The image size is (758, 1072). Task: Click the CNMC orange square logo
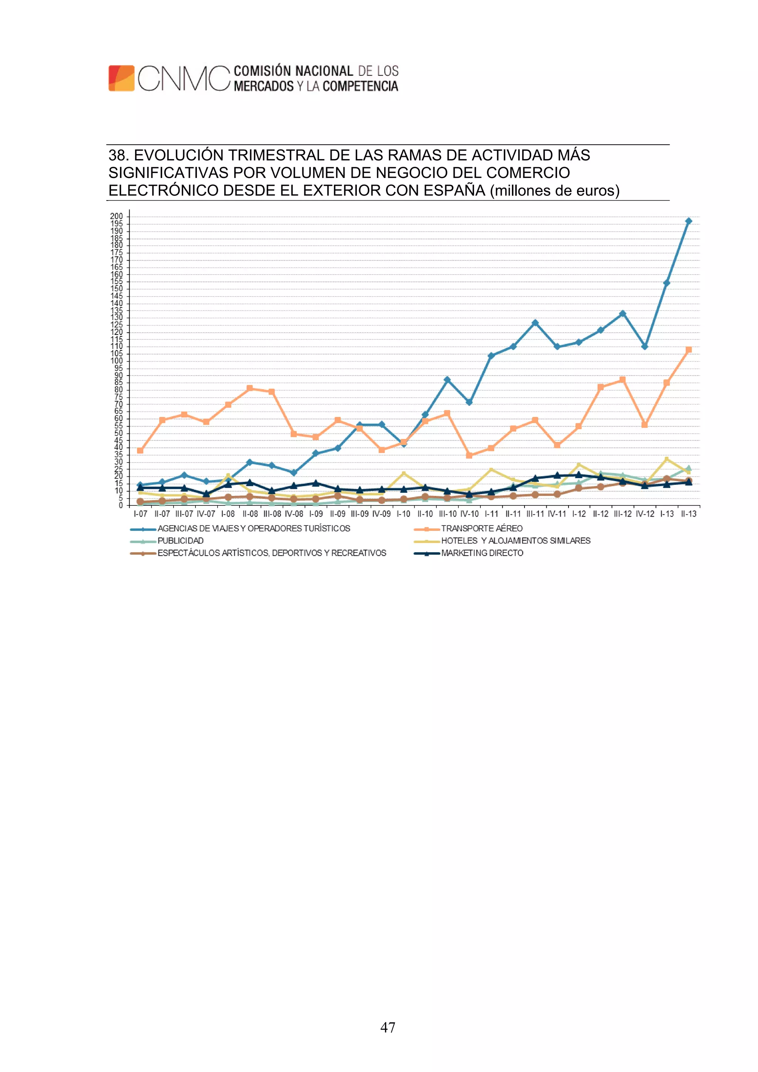tap(121, 78)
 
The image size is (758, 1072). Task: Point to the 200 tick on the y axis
tap(116, 216)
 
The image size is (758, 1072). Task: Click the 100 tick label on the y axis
tap(116, 361)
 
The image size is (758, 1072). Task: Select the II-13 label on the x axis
tap(688, 514)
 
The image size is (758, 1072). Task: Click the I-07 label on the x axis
tap(140, 514)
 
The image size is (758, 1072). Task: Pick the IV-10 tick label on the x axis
tap(469, 514)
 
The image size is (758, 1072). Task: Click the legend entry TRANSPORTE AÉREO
tap(482, 528)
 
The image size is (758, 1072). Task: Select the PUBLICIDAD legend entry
tap(180, 541)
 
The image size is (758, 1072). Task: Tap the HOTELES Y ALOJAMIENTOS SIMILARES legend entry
tap(516, 541)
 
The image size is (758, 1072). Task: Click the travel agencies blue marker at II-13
tap(688, 221)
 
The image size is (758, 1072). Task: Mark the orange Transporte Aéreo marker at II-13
tap(688, 350)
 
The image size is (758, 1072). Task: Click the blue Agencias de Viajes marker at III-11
tap(535, 323)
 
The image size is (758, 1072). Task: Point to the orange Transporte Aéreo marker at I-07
tap(140, 451)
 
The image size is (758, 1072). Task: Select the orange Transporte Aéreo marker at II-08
tap(250, 388)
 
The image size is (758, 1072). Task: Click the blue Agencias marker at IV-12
tap(644, 346)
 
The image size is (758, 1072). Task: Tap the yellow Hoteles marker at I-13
tap(667, 460)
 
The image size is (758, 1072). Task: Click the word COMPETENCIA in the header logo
tap(360, 86)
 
